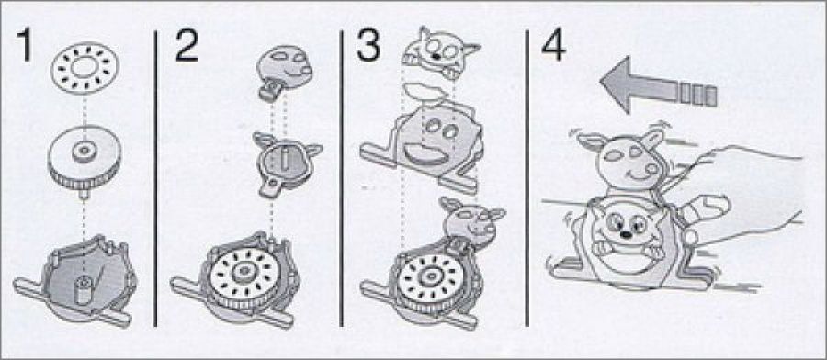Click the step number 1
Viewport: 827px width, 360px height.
coord(24,46)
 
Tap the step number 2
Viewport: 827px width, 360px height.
coord(187,46)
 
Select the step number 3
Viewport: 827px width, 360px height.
coord(368,45)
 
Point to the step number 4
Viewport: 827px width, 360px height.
coord(553,46)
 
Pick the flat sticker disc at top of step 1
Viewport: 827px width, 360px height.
coord(85,69)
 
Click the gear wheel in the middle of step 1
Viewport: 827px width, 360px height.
coord(85,158)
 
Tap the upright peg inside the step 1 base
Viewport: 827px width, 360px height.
coord(83,289)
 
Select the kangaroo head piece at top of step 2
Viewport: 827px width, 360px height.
coord(283,73)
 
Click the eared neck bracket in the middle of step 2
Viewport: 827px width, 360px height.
coord(284,163)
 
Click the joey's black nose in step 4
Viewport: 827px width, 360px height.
coord(625,234)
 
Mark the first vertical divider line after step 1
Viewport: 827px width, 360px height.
coord(155,178)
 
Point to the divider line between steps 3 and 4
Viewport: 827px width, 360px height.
coord(527,178)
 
